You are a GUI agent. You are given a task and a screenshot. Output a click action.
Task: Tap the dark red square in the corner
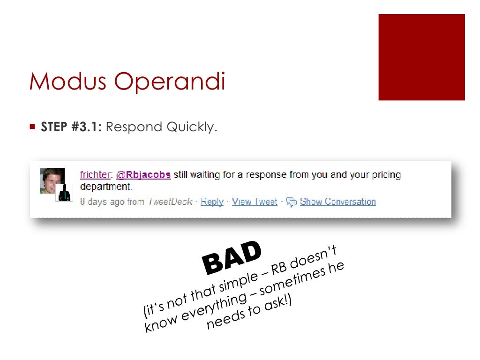pos(421,57)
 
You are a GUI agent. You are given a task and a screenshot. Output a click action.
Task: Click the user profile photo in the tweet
pos(51,180)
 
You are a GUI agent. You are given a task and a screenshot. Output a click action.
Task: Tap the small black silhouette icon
pos(64,193)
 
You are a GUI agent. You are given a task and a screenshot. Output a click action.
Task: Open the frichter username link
pos(95,175)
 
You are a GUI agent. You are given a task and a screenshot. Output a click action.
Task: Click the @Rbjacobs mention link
pos(143,175)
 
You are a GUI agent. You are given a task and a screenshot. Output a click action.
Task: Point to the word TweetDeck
pos(170,202)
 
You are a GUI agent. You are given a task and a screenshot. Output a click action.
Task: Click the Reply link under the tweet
pos(212,202)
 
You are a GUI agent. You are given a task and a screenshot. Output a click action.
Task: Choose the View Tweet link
pos(255,202)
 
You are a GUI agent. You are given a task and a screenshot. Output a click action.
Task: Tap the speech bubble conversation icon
pos(291,202)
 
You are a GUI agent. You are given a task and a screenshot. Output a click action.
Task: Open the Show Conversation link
pos(337,202)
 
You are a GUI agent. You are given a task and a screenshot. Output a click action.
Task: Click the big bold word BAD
pos(232,257)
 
